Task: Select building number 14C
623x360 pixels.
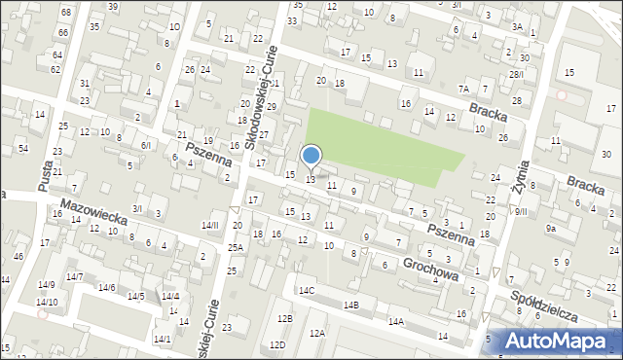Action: click(307, 290)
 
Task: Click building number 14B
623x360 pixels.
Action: click(351, 306)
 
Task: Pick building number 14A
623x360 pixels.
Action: click(396, 321)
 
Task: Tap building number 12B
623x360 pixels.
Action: click(284, 319)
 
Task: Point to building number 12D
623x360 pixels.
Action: click(277, 344)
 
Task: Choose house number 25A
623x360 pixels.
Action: click(236, 248)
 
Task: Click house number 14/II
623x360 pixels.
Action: click(210, 225)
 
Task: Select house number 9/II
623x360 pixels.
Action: click(521, 211)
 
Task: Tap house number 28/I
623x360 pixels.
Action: click(516, 74)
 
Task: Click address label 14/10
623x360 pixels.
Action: click(47, 302)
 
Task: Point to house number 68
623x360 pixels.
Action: click(66, 12)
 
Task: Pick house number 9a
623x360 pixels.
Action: click(551, 229)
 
